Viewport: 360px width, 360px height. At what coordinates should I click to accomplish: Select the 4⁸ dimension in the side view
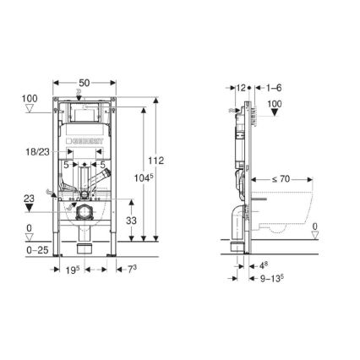[x=265, y=265]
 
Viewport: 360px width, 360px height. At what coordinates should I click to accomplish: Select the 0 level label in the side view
[x=314, y=226]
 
